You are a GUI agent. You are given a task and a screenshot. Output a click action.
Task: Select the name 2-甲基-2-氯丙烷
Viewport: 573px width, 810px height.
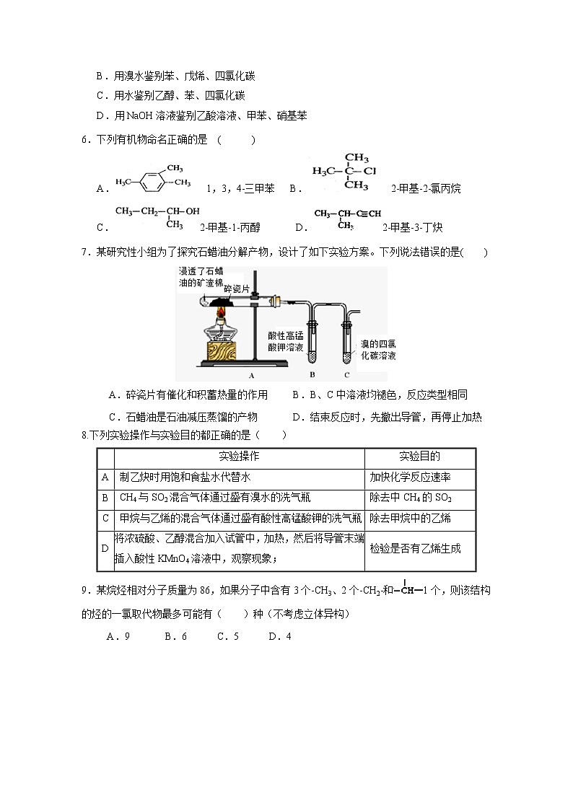tap(425, 189)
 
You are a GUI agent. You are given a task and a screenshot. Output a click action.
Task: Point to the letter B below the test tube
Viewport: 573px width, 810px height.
tap(312, 375)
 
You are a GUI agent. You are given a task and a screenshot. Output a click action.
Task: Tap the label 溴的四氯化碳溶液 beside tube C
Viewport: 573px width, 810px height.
tap(379, 350)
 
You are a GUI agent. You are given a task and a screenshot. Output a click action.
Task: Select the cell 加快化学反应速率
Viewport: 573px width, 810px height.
tap(411, 477)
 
